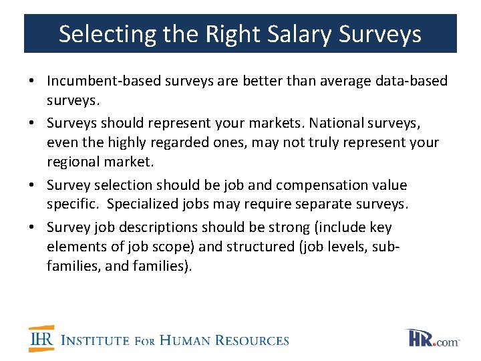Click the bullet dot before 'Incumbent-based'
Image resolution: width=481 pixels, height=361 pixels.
32,82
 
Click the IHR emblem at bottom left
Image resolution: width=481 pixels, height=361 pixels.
41,339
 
